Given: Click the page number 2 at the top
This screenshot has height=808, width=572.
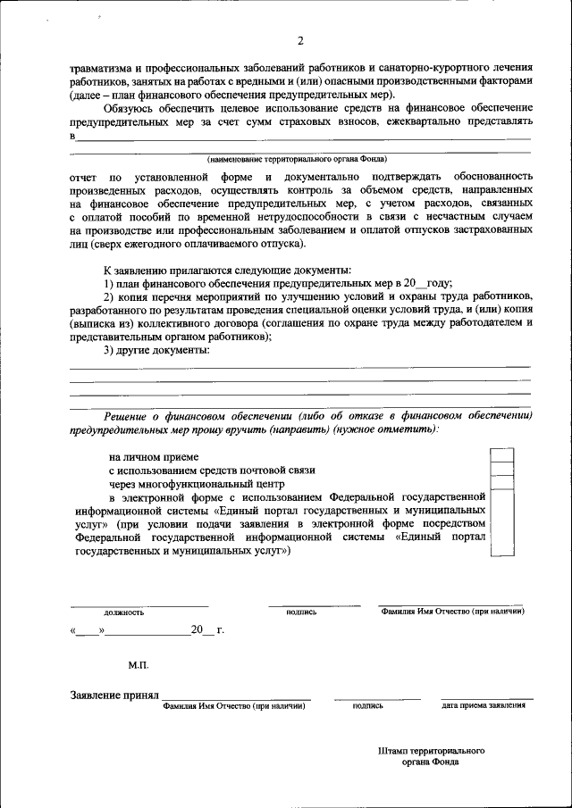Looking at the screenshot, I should (300, 40).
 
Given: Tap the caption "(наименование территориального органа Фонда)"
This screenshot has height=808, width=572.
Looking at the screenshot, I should (298, 159).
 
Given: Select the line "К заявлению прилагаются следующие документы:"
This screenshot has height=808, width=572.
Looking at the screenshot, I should (227, 270).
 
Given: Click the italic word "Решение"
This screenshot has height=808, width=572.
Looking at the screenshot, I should (126, 416).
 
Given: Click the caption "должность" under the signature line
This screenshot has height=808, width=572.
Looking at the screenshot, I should (124, 612).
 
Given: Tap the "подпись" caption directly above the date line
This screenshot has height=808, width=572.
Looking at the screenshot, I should (301, 612).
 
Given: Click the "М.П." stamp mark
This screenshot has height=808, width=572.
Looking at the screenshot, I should (139, 666).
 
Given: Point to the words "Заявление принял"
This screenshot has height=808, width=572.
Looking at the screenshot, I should (114, 694).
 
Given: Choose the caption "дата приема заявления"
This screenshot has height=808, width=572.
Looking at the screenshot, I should (484, 705).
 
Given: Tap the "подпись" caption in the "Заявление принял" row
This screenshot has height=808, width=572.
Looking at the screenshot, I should (368, 705).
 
